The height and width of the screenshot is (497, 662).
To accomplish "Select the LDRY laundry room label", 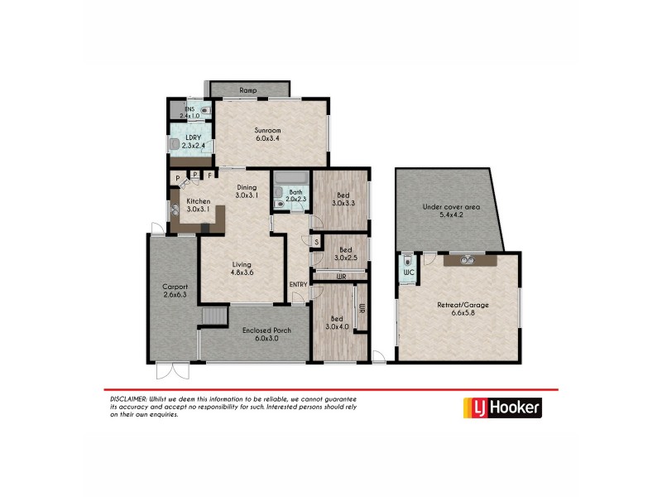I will coord(193,141).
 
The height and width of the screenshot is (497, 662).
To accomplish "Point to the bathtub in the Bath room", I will coord(290,177).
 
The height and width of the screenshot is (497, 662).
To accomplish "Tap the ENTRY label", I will coord(298,286).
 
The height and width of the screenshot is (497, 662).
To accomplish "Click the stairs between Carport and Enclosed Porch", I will coord(214,316).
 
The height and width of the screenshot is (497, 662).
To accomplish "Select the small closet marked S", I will coord(317,242).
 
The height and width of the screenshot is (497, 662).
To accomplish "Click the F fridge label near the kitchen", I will coord(210,175).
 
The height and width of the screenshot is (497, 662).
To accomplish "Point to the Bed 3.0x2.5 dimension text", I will coord(343,258).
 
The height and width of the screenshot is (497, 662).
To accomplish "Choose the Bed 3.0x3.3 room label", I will coord(343,198).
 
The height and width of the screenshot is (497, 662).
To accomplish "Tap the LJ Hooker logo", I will coord(501,408).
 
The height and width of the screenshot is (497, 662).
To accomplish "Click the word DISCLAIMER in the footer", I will coord(128,399).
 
